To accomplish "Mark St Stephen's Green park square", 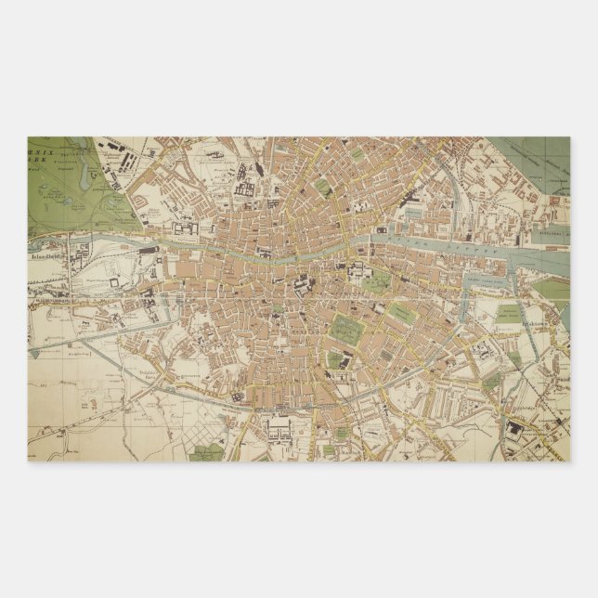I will click(x=345, y=327).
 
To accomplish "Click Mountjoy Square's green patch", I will click(x=323, y=187).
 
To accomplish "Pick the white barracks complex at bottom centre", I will click(x=279, y=428).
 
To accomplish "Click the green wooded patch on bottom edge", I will click(x=206, y=453).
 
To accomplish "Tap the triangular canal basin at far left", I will click(x=35, y=353).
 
